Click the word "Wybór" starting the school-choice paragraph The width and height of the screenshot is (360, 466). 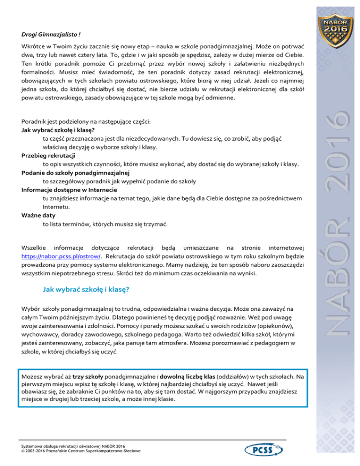31,309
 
